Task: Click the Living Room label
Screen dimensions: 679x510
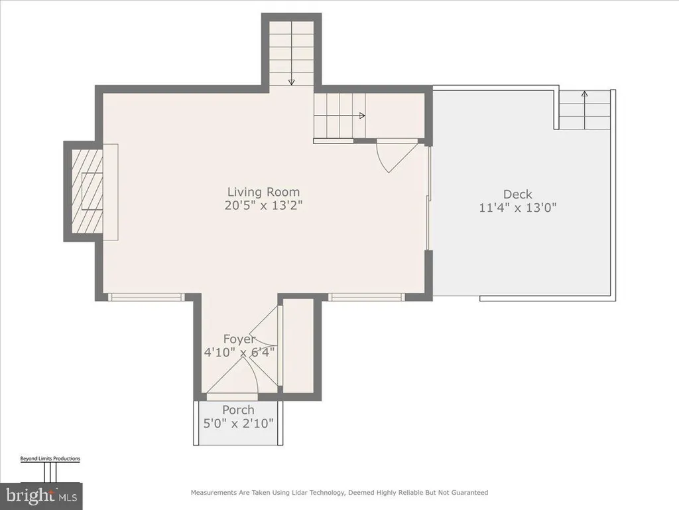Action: pyautogui.click(x=264, y=192)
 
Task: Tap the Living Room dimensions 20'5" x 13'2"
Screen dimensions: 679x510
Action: pyautogui.click(x=263, y=205)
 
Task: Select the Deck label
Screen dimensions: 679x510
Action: pyautogui.click(x=517, y=195)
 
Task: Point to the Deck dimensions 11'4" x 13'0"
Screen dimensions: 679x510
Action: pyautogui.click(x=517, y=208)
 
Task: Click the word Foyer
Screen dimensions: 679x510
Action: pyautogui.click(x=239, y=339)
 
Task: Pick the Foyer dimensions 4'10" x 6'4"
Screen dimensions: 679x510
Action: pyautogui.click(x=239, y=352)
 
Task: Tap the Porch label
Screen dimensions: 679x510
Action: pyautogui.click(x=238, y=410)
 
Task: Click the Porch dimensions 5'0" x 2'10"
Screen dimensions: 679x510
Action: pyautogui.click(x=239, y=423)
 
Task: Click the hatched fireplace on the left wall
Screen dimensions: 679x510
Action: pyautogui.click(x=87, y=191)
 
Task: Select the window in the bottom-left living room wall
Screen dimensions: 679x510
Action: pyautogui.click(x=146, y=297)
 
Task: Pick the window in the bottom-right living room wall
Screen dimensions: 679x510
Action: pyautogui.click(x=366, y=297)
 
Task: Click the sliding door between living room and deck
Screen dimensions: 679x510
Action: pyautogui.click(x=429, y=198)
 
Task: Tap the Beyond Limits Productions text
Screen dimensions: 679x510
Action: pyautogui.click(x=50, y=458)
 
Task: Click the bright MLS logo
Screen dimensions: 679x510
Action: pyautogui.click(x=41, y=495)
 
